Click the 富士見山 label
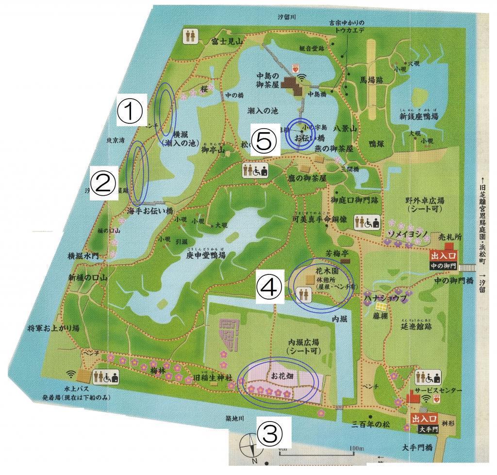227,42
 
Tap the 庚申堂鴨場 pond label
206,255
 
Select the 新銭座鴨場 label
419,117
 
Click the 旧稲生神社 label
212,377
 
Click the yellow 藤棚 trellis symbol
381,307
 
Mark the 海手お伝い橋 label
150,211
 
